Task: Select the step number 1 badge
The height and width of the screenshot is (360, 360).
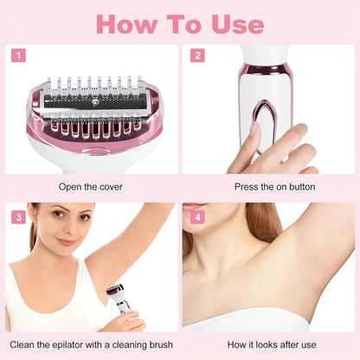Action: [17, 55]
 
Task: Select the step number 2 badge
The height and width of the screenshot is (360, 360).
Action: [197, 55]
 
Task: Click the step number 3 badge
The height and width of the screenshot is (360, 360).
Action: [17, 216]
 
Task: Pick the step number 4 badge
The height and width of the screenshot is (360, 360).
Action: [197, 216]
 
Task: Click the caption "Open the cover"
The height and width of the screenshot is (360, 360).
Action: [89, 186]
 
